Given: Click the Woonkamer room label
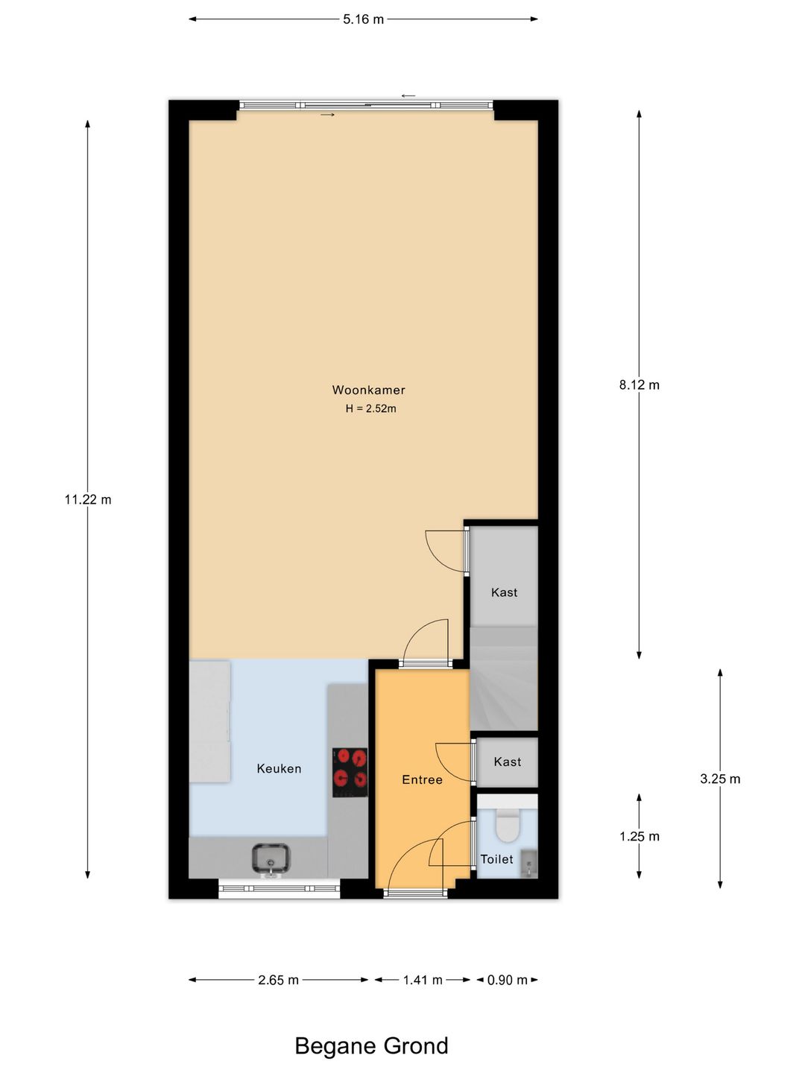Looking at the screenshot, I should tap(368, 390).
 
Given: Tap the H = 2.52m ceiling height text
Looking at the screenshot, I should tap(370, 408).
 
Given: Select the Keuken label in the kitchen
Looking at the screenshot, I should tap(279, 768).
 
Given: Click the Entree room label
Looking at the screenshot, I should tap(422, 779).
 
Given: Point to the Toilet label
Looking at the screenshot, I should tap(496, 859).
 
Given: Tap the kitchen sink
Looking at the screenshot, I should tap(271, 858).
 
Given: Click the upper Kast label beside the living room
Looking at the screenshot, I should tap(504, 592).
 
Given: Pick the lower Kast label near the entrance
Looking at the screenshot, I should tap(507, 762).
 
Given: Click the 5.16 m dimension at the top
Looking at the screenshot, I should tap(363, 19).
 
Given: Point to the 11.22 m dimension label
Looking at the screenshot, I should tap(88, 499).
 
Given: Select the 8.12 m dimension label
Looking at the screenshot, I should tap(639, 384).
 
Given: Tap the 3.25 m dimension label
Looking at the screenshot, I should tap(720, 779).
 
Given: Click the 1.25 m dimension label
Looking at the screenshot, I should tap(639, 836).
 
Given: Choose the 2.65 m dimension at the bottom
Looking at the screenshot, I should tap(278, 980).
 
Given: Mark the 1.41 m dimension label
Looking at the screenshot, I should tap(423, 980).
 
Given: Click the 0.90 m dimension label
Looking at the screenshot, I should tap(507, 980).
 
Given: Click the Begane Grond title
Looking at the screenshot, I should tap(371, 1045).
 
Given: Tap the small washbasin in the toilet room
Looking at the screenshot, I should tap(528, 864).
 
